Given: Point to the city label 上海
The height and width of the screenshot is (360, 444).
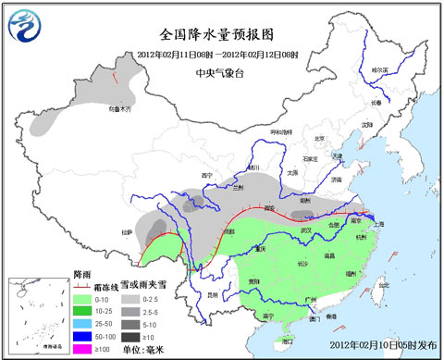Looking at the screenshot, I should tap(376, 222).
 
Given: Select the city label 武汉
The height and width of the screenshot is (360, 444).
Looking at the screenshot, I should tap(302, 229).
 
